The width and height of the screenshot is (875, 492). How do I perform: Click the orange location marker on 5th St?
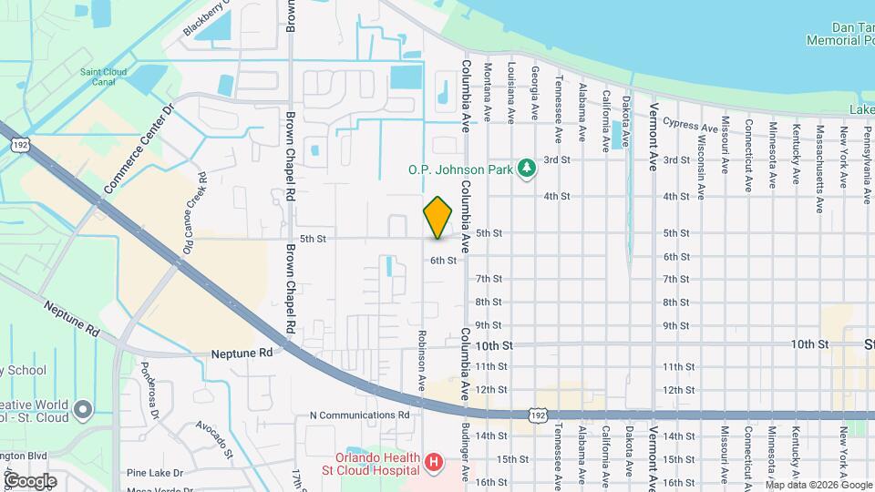[437, 218]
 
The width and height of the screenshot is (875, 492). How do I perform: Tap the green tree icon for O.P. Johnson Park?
[525, 168]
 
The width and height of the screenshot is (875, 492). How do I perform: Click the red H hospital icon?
[434, 463]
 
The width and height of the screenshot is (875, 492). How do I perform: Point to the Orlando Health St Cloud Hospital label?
[377, 464]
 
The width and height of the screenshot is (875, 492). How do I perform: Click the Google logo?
[30, 480]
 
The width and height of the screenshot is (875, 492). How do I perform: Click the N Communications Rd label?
[360, 415]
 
